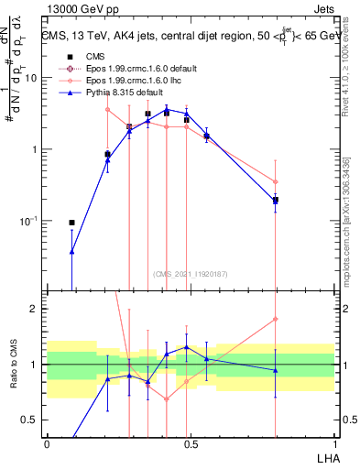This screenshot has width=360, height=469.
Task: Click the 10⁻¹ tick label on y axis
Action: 29,221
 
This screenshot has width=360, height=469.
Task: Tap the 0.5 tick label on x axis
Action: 191,442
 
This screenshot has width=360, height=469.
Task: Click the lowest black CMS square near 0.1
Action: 71,222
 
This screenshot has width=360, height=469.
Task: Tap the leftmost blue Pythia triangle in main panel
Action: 71,251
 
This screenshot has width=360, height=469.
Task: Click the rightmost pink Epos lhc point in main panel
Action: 275,181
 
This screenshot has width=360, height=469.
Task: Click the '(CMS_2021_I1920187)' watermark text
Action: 191,273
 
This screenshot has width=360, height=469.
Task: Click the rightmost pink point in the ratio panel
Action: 275,320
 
